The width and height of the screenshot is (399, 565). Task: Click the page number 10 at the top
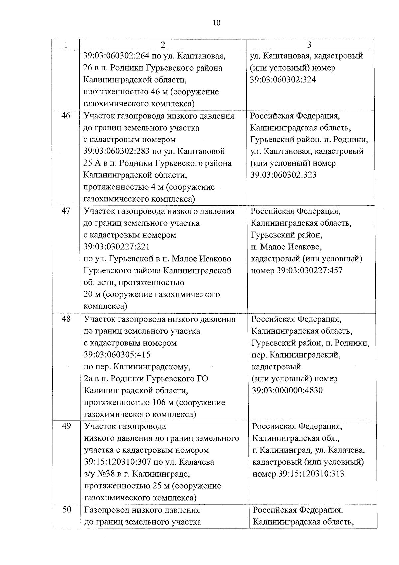click(x=216, y=23)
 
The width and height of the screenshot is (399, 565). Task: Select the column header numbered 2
click(x=163, y=45)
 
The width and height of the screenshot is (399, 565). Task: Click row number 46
click(x=66, y=116)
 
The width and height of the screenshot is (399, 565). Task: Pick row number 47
click(x=66, y=211)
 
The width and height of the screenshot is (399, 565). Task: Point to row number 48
click(x=66, y=319)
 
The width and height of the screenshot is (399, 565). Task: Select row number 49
click(x=66, y=426)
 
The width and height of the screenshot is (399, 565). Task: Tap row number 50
click(x=67, y=509)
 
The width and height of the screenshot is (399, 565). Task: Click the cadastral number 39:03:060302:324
click(x=283, y=80)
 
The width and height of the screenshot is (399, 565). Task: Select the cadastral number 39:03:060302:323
click(x=283, y=175)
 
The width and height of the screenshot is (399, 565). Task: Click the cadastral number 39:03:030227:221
click(x=116, y=247)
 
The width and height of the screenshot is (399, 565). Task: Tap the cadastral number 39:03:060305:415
click(x=117, y=355)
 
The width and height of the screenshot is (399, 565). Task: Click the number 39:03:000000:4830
click(x=287, y=390)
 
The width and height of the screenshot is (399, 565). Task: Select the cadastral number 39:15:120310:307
click(x=118, y=462)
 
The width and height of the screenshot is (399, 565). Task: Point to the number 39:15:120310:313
click(x=311, y=474)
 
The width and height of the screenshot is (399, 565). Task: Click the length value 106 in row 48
click(x=159, y=402)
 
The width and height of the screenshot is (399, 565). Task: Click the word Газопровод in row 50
click(x=107, y=510)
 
